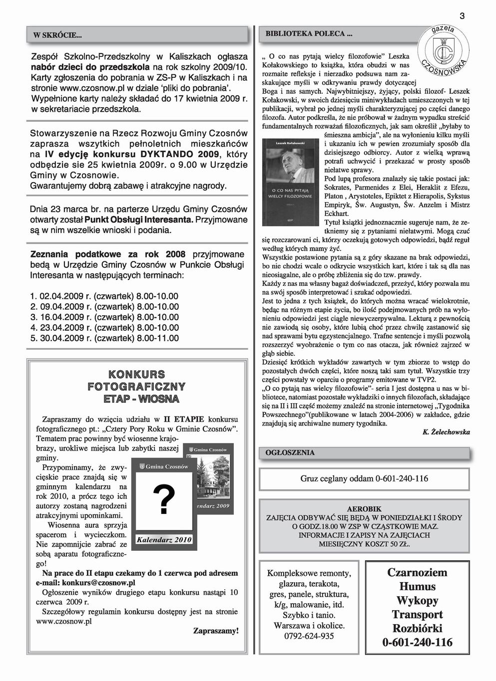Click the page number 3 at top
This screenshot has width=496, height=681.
tap(462, 16)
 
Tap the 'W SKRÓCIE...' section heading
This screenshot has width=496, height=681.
tap(57, 35)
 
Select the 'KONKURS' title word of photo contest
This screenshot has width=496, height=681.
tap(136, 374)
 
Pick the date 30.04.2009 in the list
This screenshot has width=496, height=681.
tap(63, 339)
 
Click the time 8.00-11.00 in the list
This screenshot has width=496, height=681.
tap(157, 339)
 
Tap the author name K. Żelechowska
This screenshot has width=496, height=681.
tap(446, 432)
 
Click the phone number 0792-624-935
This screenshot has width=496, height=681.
tap(309, 636)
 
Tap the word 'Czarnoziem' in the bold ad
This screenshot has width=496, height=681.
tap(417, 572)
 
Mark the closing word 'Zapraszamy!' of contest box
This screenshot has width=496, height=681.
tap(216, 631)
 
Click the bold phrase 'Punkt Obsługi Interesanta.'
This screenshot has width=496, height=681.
tap(139, 220)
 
